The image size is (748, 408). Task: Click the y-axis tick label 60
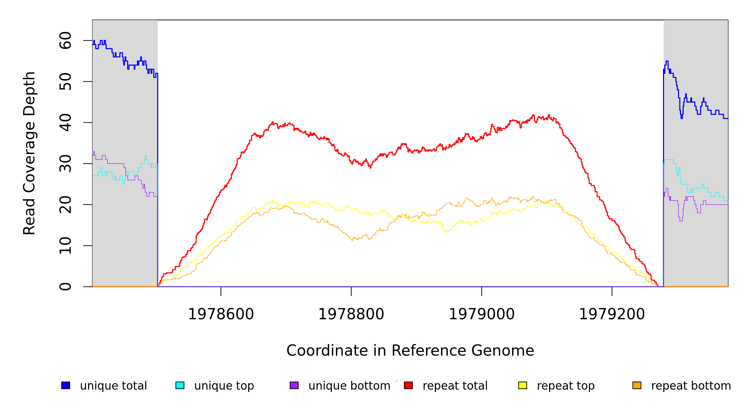[x=65, y=40]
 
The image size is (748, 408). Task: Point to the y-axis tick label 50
[x=65, y=82]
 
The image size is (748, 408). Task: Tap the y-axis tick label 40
[x=65, y=122]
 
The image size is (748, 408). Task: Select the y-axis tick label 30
[x=65, y=164]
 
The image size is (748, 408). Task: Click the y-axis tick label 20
[x=65, y=205]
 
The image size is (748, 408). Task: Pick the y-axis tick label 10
[x=65, y=245]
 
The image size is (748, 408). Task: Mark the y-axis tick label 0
[x=65, y=287]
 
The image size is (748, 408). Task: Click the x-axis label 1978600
[x=221, y=314]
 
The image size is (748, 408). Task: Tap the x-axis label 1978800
[x=351, y=314]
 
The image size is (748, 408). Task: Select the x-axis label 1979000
[x=482, y=314]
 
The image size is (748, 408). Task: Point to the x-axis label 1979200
[x=612, y=314]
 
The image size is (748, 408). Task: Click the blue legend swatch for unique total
[x=66, y=385]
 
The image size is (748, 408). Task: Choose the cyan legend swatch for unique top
[x=180, y=385]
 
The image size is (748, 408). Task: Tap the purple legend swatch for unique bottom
[x=294, y=385]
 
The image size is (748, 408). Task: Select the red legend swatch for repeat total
[x=408, y=385]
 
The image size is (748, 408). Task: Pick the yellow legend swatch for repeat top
[x=523, y=385]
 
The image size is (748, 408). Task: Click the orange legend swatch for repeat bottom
[x=637, y=385]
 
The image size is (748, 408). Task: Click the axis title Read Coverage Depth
[x=29, y=153]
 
